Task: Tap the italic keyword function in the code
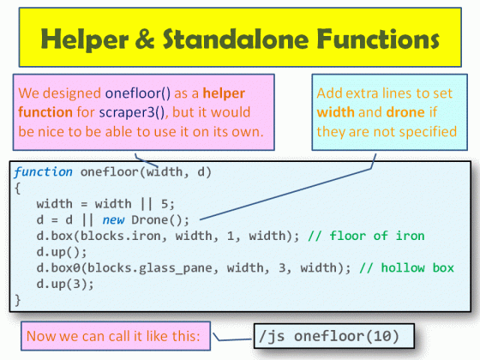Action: [x=43, y=172]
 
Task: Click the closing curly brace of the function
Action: [x=18, y=300]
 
